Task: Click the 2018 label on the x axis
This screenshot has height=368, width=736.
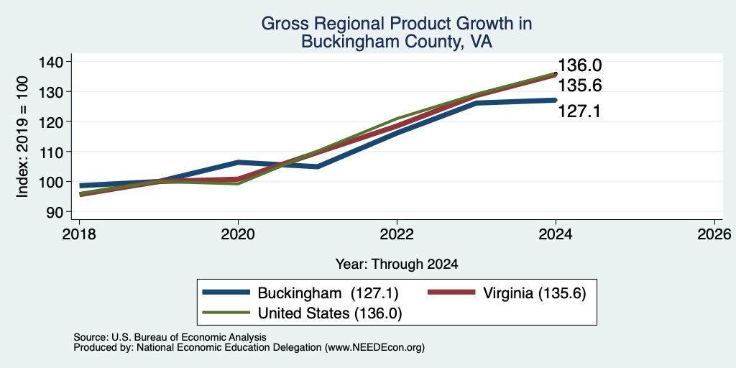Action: coord(79,234)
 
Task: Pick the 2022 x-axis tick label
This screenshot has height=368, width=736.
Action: coord(397,234)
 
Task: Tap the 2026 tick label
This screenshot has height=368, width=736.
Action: coord(714,234)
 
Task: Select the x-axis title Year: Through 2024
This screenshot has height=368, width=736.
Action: coord(397,264)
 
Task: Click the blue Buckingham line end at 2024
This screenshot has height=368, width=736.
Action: coord(556,100)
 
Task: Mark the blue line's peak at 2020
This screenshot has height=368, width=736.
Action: coord(238,162)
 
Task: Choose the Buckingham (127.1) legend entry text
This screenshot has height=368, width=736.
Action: coord(328,294)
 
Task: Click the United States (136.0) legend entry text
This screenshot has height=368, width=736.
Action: coord(329,313)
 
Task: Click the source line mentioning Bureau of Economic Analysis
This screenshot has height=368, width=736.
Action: coord(170,337)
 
